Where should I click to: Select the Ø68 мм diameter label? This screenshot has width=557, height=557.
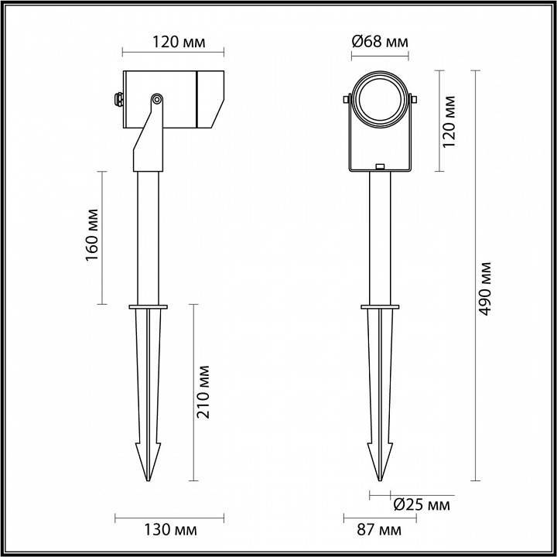[379, 42]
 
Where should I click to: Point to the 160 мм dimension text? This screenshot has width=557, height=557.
[91, 236]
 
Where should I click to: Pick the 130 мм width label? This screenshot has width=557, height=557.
[171, 531]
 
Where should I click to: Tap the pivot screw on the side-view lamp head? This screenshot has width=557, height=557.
[157, 99]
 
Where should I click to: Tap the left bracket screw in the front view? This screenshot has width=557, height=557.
[348, 99]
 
